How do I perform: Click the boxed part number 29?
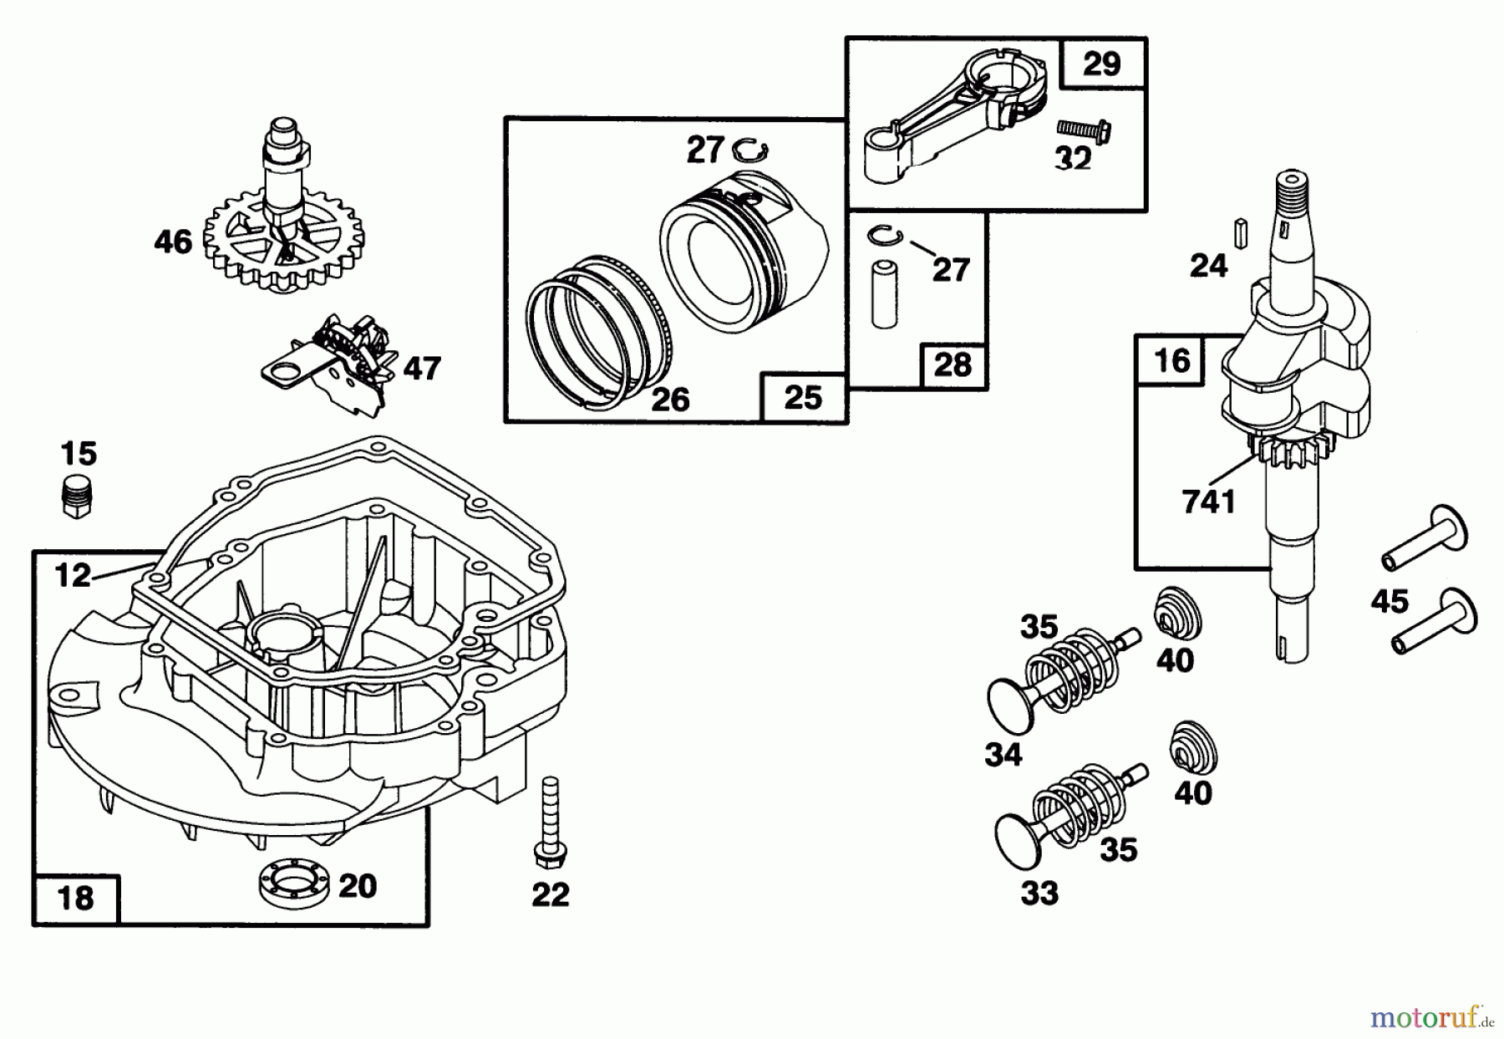pyautogui.click(x=1101, y=64)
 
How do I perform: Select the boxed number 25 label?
pyautogui.click(x=802, y=398)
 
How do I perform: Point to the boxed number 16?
pyautogui.click(x=1171, y=360)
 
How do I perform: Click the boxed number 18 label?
pyautogui.click(x=76, y=899)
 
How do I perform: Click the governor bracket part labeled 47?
pyautogui.click(x=343, y=368)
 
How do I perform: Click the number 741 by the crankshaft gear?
pyautogui.click(x=1208, y=502)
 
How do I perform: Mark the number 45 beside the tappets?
pyautogui.click(x=1390, y=601)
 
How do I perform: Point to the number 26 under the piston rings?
pyautogui.click(x=670, y=400)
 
